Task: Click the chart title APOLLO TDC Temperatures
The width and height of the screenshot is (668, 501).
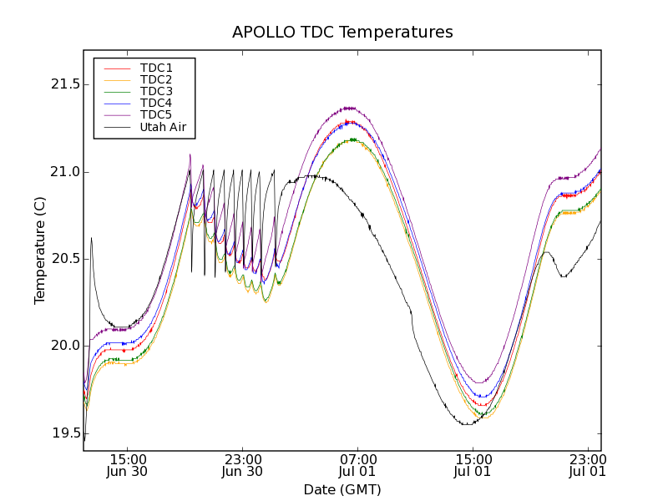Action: click(342, 33)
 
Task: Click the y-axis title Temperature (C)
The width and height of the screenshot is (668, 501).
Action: click(39, 250)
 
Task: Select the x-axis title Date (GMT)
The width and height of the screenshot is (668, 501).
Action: click(342, 489)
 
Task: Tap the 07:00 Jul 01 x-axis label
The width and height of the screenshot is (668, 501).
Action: click(357, 465)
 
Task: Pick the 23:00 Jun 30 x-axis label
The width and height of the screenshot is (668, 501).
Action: click(243, 465)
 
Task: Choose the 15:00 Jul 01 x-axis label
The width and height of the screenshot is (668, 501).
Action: click(473, 465)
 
